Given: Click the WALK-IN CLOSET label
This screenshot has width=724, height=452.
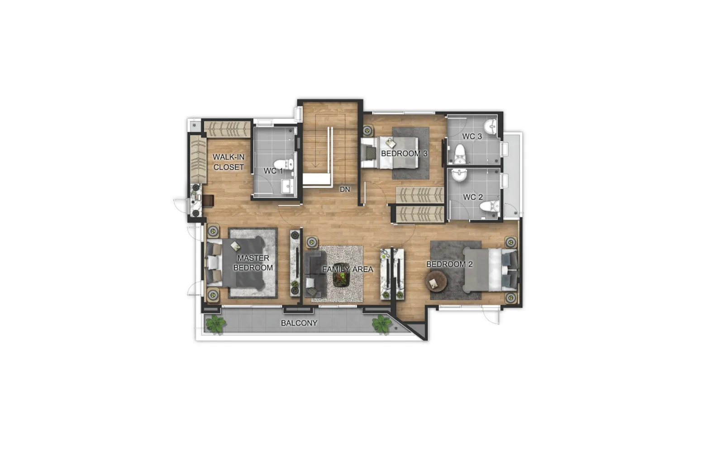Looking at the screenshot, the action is click(229, 162).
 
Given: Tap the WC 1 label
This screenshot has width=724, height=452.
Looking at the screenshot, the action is click(273, 171).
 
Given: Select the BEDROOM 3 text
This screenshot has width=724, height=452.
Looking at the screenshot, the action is click(404, 153).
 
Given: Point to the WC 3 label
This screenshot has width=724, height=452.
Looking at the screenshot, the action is click(472, 136).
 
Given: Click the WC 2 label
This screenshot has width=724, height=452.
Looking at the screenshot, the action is click(473, 197).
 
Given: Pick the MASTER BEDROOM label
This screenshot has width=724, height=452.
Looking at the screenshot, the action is click(253, 263).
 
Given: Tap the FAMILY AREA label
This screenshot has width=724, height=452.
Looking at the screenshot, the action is click(348, 269).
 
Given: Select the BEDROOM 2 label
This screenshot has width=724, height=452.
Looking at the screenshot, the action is click(449, 264).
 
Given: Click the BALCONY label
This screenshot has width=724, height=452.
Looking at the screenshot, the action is click(299, 323).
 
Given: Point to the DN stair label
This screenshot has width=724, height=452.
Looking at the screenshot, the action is click(345, 189).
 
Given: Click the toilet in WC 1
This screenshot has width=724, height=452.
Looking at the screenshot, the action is click(285, 164).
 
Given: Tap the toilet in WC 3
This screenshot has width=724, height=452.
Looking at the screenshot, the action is click(460, 154).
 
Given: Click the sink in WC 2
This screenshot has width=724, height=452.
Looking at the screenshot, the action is click(459, 174).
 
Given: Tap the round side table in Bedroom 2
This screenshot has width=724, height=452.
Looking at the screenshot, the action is click(436, 282).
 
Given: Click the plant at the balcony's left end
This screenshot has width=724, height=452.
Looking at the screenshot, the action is click(215, 324).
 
